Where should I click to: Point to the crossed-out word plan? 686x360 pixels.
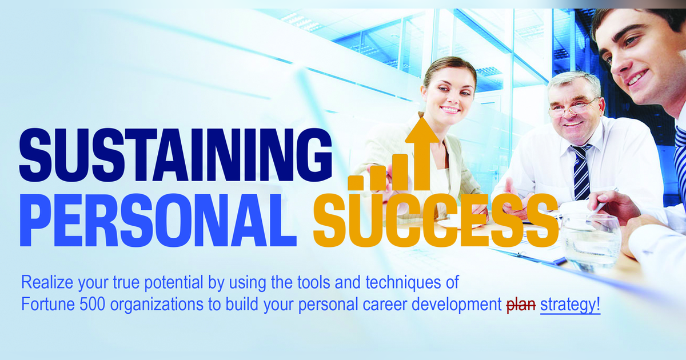click(521, 305)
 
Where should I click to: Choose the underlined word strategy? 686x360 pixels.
click(570, 305)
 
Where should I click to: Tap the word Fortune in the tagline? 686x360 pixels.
click(42, 305)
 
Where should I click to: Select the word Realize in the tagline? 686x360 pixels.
click(42, 283)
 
